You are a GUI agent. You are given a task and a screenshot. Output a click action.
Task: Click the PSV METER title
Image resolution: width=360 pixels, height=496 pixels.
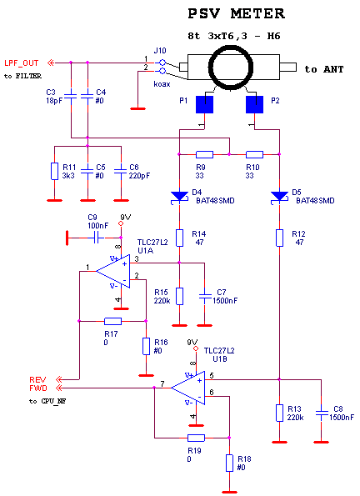(237, 13)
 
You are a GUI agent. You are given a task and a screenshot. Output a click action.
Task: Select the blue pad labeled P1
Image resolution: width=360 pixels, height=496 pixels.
(205, 104)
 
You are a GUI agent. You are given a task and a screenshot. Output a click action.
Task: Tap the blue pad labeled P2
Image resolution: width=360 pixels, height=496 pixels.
(255, 104)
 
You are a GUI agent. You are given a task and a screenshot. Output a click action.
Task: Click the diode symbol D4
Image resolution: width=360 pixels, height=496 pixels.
(179, 197)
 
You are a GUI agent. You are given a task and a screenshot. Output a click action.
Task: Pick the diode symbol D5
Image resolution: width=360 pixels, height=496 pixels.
(279, 197)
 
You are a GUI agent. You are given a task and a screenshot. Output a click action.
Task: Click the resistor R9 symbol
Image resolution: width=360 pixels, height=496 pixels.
(204, 154)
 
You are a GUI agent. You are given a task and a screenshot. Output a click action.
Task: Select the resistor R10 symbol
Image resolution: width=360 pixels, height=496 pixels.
(254, 154)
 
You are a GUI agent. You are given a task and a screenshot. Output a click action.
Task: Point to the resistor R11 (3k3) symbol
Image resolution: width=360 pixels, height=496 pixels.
(55, 171)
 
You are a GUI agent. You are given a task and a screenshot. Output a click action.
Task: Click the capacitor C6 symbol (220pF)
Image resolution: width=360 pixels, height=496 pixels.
(121, 171)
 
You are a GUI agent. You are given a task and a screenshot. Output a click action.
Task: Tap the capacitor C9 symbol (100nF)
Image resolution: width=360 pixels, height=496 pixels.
(98, 238)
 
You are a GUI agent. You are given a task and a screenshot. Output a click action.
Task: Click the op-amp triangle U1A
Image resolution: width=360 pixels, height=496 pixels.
(113, 271)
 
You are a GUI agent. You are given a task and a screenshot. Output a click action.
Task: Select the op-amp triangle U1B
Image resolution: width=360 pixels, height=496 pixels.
(187, 388)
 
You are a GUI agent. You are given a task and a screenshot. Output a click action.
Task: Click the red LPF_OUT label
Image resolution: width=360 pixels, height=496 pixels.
(22, 63)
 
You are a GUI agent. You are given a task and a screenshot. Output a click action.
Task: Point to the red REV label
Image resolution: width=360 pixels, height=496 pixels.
(37, 379)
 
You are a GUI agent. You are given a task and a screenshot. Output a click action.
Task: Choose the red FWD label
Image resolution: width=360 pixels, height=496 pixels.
(38, 388)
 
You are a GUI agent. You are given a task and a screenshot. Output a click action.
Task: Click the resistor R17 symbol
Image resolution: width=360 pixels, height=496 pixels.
(112, 321)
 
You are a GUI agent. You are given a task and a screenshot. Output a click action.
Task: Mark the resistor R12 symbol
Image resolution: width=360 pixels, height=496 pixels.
(279, 238)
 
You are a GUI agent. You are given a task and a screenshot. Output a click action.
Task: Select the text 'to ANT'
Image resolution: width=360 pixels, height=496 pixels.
(324, 69)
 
